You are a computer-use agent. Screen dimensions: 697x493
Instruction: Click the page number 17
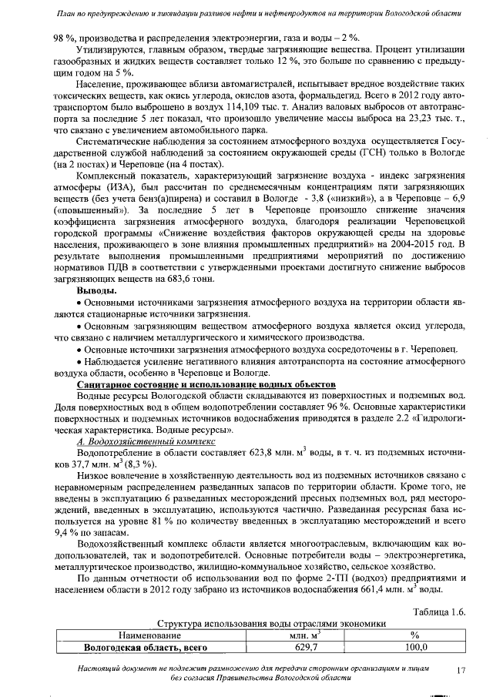click(x=461, y=671)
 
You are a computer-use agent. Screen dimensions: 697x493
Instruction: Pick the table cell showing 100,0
click(x=414, y=648)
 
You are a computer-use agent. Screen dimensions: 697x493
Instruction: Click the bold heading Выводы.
click(x=96, y=292)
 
